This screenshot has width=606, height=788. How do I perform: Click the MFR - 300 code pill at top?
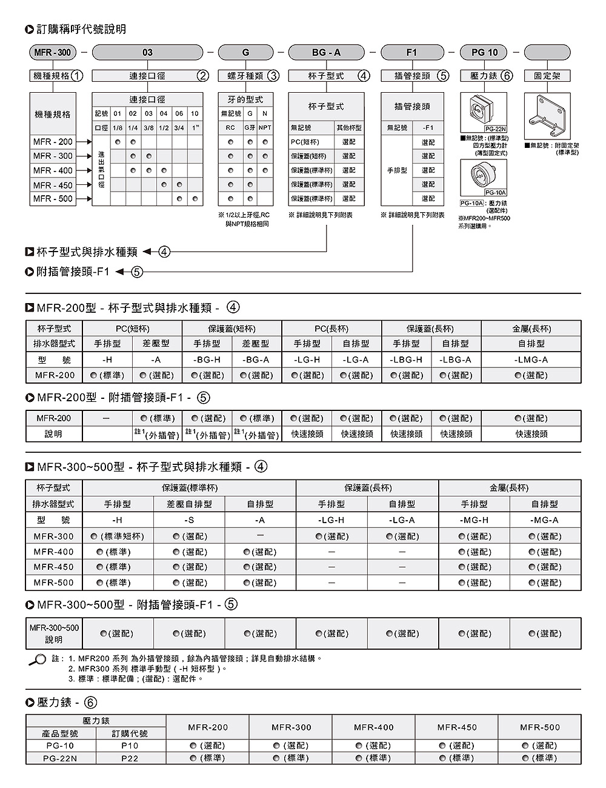tap(52, 53)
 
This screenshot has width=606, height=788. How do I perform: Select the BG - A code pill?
tap(326, 53)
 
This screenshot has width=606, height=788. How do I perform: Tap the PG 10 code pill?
tap(484, 53)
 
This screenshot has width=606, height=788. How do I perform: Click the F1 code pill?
tap(411, 53)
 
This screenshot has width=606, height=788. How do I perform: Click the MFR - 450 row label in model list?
tap(53, 185)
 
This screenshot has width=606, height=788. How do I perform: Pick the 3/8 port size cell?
tap(148, 128)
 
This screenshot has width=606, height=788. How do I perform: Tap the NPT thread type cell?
tap(265, 128)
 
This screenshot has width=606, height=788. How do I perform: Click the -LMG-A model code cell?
tap(531, 359)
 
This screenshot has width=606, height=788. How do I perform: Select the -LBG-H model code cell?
tap(406, 359)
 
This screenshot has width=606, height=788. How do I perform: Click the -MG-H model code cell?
tap(474, 520)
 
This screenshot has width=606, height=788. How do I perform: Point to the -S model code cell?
tap(189, 520)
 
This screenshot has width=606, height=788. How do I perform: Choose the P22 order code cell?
tap(130, 758)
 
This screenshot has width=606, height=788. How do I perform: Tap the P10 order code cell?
tap(130, 746)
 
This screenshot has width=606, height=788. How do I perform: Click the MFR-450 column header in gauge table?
tap(457, 727)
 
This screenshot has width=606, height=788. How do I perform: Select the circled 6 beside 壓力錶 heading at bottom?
tap(90, 703)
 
